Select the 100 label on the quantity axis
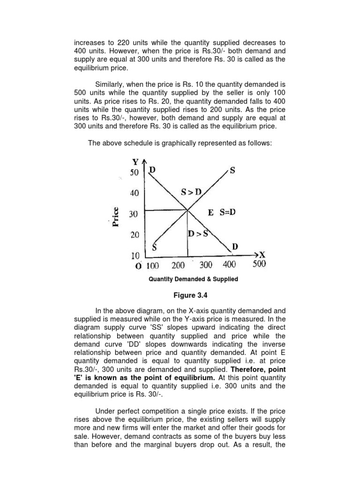point(153,265)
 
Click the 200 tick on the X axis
point(178,265)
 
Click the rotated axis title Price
point(115,217)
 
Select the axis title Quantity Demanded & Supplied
point(193,279)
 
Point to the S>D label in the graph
point(191,192)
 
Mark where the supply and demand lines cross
point(188,210)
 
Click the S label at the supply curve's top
point(232,171)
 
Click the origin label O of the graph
point(138,266)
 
